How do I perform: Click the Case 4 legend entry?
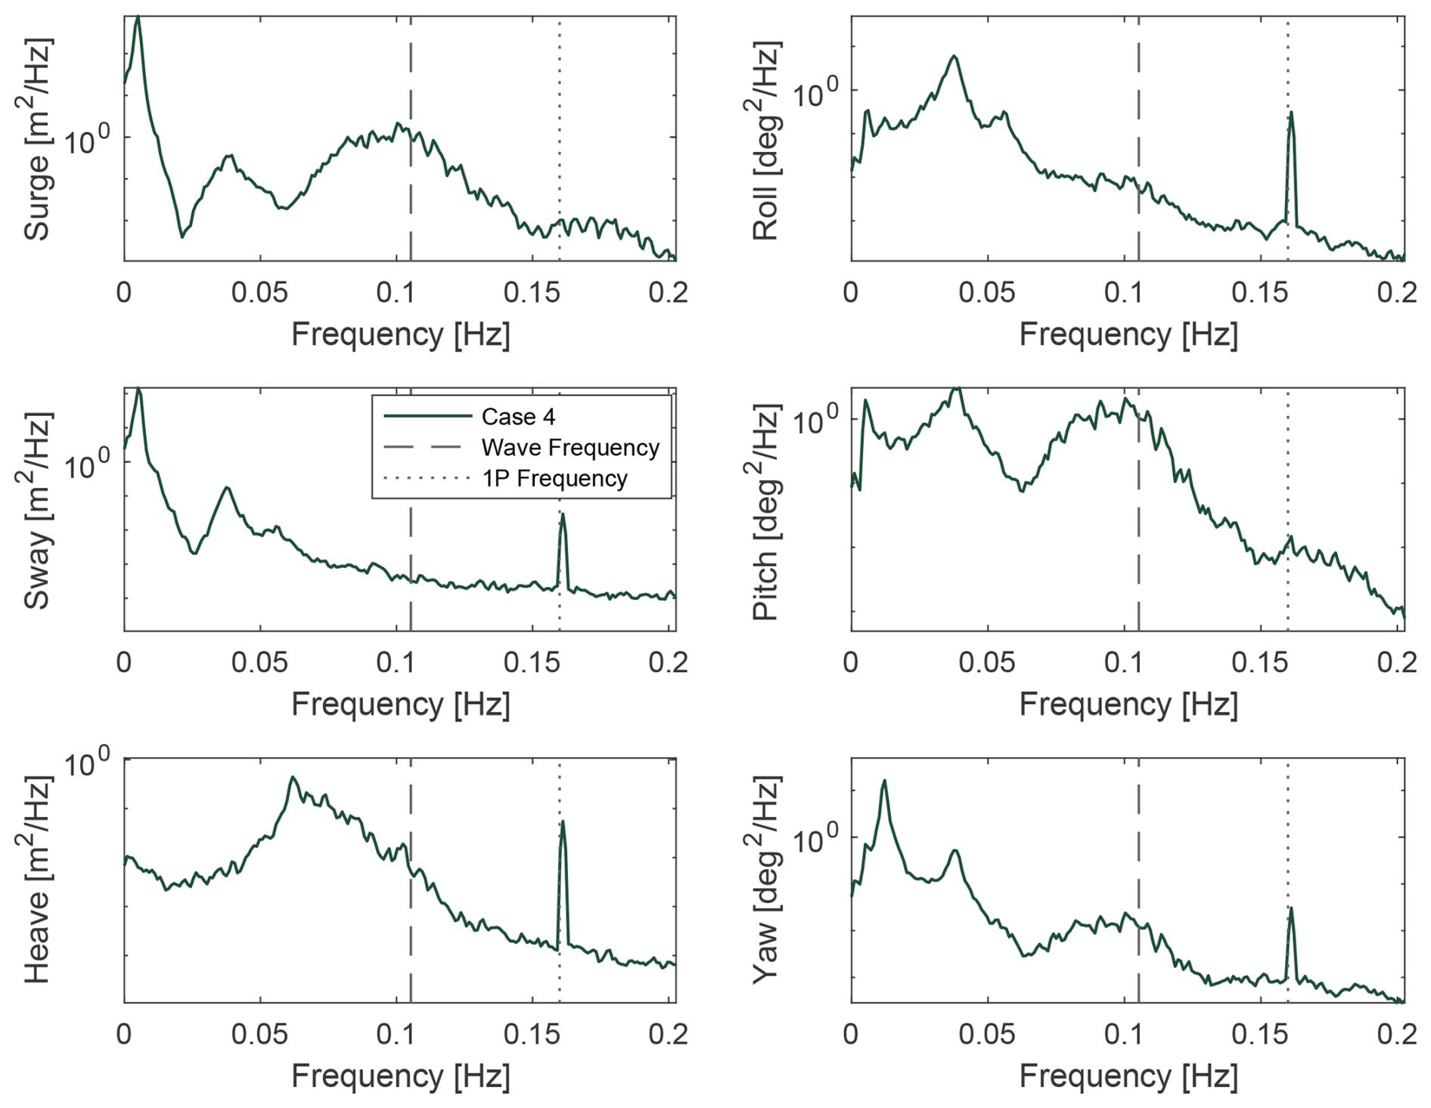(x=518, y=417)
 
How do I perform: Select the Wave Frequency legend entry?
(x=570, y=448)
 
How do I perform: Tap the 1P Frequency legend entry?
(x=554, y=479)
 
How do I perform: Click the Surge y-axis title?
(x=37, y=139)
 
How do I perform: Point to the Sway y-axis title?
(x=37, y=511)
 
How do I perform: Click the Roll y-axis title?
(x=765, y=141)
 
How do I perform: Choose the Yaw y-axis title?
(x=765, y=881)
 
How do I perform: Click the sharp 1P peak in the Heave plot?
(x=562, y=822)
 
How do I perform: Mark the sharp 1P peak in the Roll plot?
(x=1291, y=113)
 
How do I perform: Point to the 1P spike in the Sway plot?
(x=562, y=515)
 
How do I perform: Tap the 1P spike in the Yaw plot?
(x=1291, y=909)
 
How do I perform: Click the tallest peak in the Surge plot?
(x=138, y=17)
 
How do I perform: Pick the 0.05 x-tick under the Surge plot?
(x=259, y=292)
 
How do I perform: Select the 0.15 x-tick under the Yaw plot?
(x=1259, y=1034)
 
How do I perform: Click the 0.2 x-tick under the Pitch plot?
(x=1396, y=663)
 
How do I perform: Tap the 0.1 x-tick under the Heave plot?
(x=396, y=1034)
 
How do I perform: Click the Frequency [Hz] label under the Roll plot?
(x=1128, y=334)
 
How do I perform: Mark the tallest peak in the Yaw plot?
(x=883, y=781)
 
